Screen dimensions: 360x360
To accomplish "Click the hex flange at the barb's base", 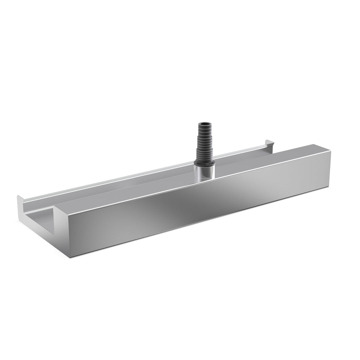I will (x=204, y=163).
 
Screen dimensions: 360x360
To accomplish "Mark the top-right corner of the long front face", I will (x=331, y=152).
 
